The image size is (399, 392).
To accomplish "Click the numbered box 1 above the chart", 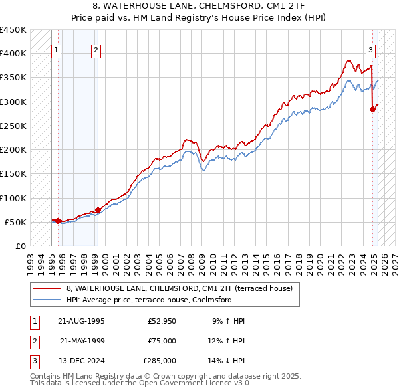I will click(x=56, y=49).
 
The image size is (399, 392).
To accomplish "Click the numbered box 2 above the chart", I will click(x=96, y=49).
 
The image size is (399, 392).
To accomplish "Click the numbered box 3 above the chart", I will click(x=370, y=49).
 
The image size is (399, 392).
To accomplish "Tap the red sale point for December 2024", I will click(x=373, y=110).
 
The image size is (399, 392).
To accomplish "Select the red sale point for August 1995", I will click(x=58, y=221).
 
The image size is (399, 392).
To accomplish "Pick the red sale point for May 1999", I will click(x=98, y=210).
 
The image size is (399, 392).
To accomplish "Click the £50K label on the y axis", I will click(x=16, y=222).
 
